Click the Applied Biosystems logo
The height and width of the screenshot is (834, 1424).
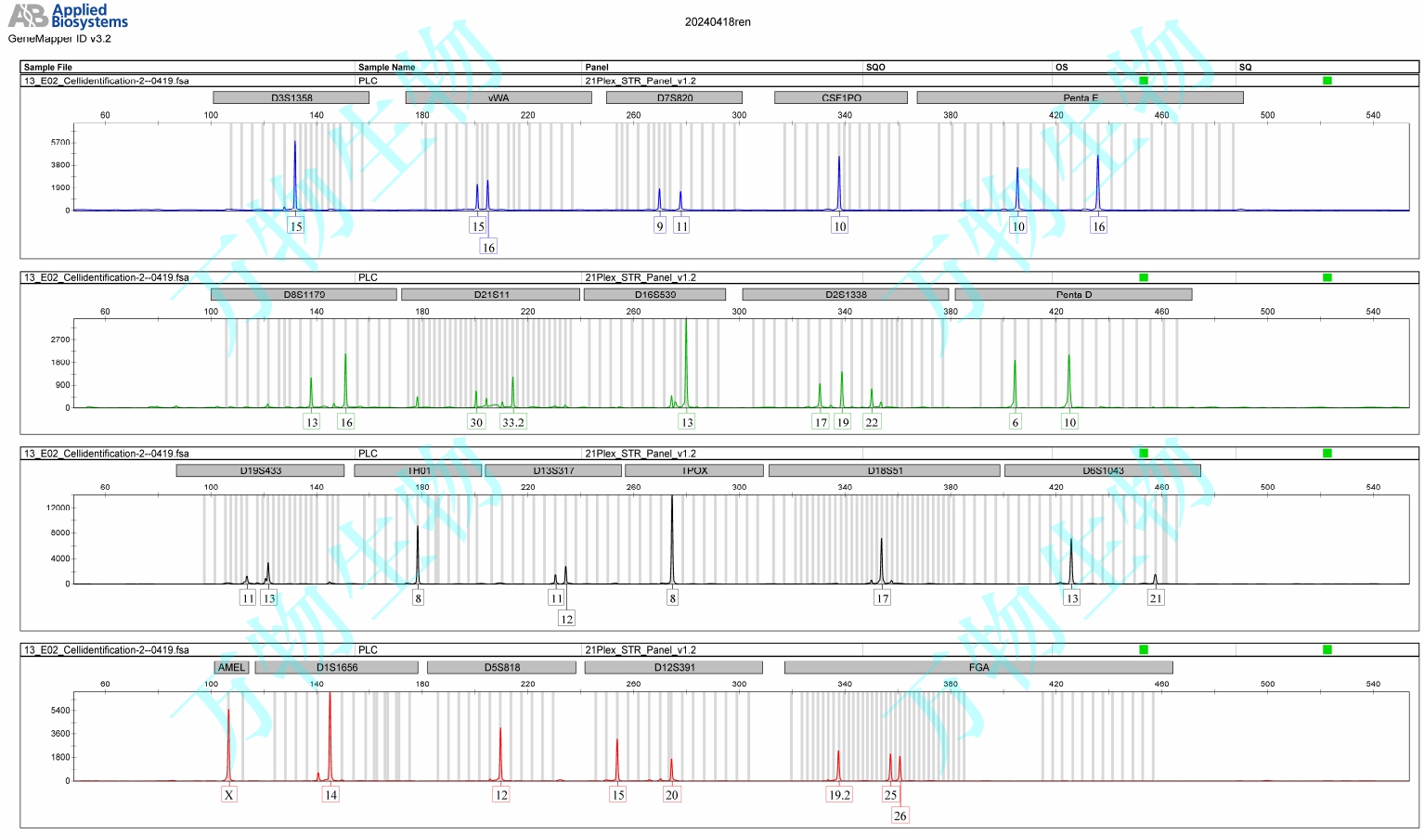(x=68, y=16)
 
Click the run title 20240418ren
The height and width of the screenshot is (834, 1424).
(x=718, y=22)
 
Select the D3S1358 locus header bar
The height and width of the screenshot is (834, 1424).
(x=291, y=97)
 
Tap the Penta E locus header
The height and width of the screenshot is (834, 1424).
(x=1080, y=97)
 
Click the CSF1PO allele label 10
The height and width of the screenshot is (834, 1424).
(x=839, y=226)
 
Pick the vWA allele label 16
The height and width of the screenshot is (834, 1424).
(x=488, y=248)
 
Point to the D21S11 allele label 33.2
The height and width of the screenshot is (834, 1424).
(x=512, y=422)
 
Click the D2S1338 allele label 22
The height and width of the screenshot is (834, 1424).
(x=871, y=422)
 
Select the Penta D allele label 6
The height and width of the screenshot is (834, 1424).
(x=1015, y=422)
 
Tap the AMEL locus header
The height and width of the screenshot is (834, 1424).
(x=231, y=667)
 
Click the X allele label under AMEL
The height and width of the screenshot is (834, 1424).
(x=228, y=795)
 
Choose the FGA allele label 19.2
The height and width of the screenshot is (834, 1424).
(x=839, y=795)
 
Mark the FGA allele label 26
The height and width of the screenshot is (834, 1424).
(x=900, y=816)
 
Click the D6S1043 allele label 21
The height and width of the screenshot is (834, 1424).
(x=1155, y=598)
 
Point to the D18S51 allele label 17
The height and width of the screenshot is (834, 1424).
(x=882, y=598)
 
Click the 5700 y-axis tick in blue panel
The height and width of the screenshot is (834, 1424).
(x=60, y=143)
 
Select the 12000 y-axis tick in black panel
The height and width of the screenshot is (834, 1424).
(x=58, y=507)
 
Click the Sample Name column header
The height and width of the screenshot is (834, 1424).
(x=386, y=67)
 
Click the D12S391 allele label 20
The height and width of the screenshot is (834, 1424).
(x=671, y=795)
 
